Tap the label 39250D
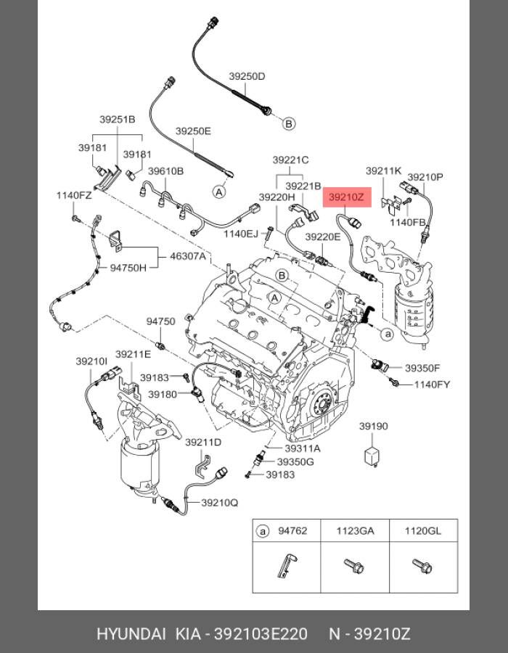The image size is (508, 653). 247,76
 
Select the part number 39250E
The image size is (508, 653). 193,131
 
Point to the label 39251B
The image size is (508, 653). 118,119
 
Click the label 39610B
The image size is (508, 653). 166,171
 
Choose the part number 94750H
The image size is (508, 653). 128,268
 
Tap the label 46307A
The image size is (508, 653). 188,256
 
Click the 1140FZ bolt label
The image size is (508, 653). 75,195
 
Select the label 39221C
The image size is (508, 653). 291,160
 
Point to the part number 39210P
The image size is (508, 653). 425,176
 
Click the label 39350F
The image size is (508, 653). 422,368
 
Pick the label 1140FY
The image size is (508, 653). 433,384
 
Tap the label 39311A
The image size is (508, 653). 303,448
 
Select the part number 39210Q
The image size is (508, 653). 219,502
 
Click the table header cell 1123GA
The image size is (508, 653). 355,531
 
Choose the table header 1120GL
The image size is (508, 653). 423,531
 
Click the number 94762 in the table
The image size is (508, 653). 292,531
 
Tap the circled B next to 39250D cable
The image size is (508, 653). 289,124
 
